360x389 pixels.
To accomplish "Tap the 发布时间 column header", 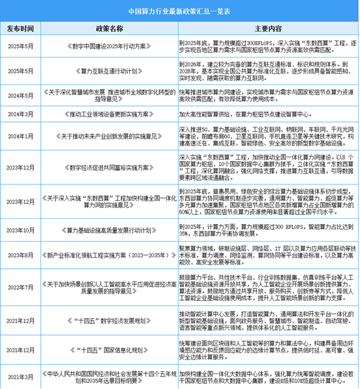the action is (x=22, y=28).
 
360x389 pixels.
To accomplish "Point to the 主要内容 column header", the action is (x=267, y=28).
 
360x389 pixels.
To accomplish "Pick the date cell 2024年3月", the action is (x=22, y=112).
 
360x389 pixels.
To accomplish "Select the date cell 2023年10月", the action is (x=22, y=229).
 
